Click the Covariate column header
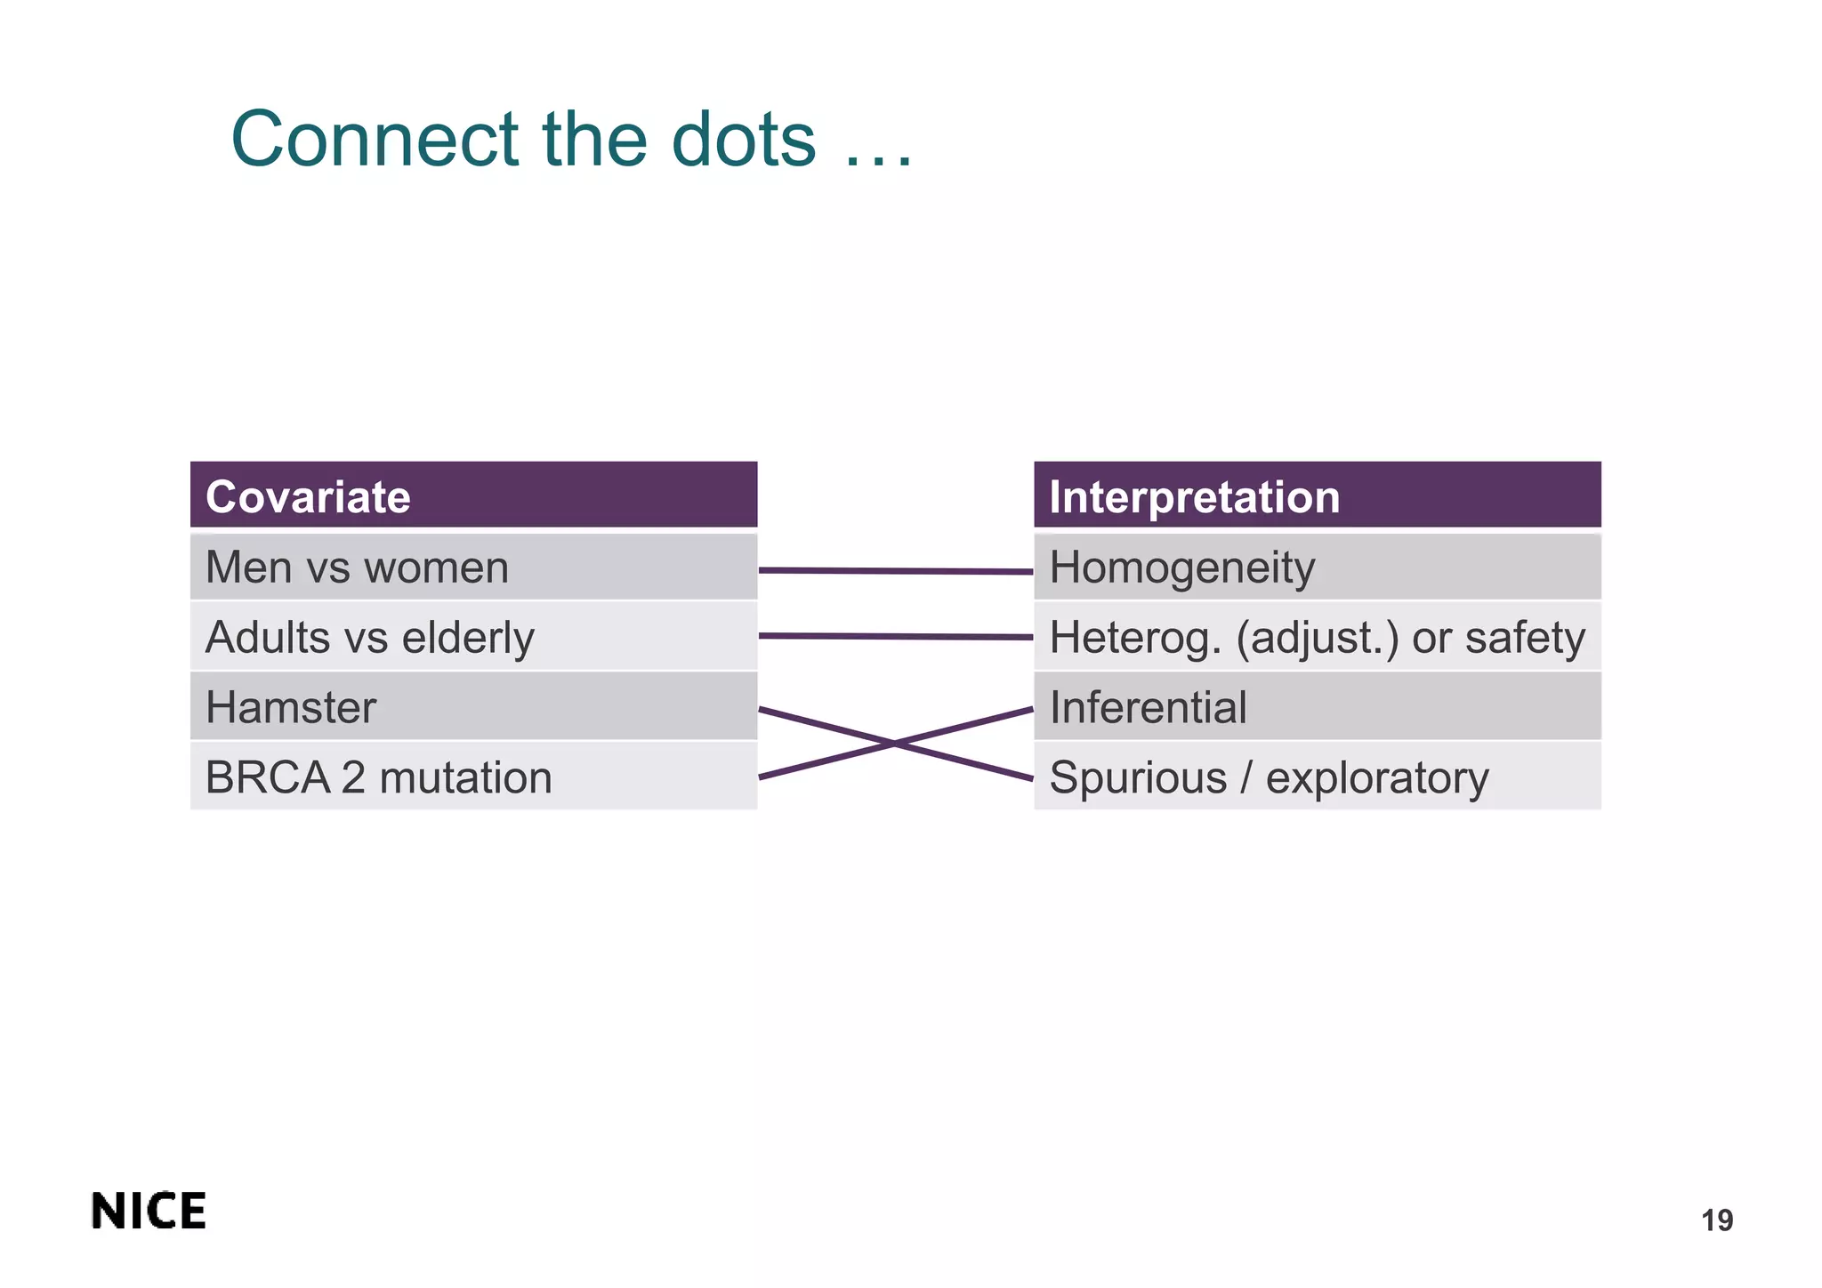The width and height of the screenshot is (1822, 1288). click(473, 495)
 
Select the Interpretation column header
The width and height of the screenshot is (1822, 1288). click(1317, 495)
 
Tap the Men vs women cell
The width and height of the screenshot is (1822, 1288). click(473, 567)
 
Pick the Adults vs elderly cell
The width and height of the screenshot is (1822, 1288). click(473, 637)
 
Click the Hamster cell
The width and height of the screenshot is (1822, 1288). click(473, 707)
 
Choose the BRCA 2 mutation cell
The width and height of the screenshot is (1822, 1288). click(473, 777)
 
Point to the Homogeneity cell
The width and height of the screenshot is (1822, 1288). click(1317, 567)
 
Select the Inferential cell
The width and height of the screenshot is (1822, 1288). click(1317, 707)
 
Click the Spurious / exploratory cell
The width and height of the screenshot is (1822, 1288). click(1317, 777)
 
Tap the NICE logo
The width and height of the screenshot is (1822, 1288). click(149, 1212)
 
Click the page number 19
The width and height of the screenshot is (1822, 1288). click(1716, 1220)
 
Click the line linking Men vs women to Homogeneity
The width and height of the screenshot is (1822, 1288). click(895, 571)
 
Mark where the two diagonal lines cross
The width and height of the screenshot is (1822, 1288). click(895, 744)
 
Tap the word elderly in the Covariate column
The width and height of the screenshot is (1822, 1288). click(468, 637)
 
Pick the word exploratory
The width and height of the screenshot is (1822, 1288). click(1376, 778)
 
